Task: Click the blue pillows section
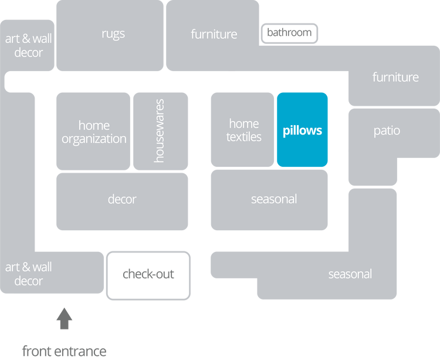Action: [x=302, y=130]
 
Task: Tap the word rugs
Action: [x=113, y=34]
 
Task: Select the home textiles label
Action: [x=244, y=130]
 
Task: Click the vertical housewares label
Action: [x=160, y=130]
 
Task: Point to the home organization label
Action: [x=94, y=132]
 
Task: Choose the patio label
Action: [x=387, y=130]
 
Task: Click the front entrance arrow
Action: [x=65, y=319]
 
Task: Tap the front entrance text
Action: [x=65, y=351]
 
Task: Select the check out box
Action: [x=148, y=274]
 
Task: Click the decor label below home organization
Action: [x=122, y=199]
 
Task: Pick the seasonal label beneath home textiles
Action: [x=274, y=199]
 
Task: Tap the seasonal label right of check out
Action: [x=350, y=274]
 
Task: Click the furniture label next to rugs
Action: [x=214, y=34]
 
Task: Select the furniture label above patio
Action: [x=395, y=77]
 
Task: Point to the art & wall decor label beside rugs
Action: [x=28, y=46]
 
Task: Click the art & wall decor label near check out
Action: [x=28, y=274]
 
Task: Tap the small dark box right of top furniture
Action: [x=290, y=33]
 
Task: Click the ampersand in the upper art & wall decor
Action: [x=26, y=39]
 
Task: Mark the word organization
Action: [x=94, y=139]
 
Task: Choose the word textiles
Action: [x=244, y=137]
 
